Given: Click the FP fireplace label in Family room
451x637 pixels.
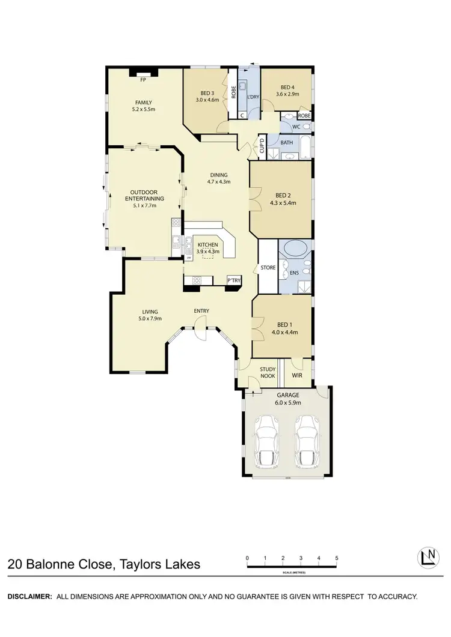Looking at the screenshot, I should [143, 80].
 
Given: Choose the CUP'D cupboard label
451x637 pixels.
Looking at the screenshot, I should [262, 146].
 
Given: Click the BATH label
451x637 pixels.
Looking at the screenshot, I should [287, 143].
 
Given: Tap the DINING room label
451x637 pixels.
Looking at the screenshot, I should [219, 175].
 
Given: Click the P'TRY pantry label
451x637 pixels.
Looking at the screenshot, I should [233, 280].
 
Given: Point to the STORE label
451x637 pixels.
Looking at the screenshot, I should [267, 267].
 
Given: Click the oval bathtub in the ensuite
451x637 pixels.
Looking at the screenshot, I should [295, 249].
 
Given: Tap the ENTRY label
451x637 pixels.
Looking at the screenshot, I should [201, 310].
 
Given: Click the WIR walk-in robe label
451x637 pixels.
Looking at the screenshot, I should [297, 376].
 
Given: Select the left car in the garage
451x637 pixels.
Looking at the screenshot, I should [266, 441].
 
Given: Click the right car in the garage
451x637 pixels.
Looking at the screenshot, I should [307, 441].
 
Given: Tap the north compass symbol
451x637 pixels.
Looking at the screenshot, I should [428, 558].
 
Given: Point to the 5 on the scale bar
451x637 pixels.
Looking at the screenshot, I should [336, 558].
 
